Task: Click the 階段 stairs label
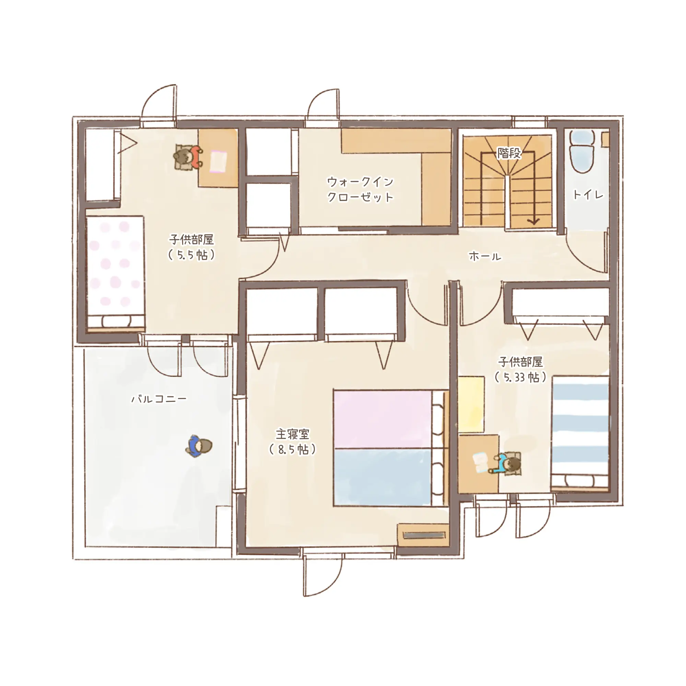click(x=509, y=153)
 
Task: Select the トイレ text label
click(x=588, y=194)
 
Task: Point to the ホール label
click(x=485, y=256)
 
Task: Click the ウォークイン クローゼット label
click(x=360, y=189)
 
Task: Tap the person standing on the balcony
click(x=199, y=446)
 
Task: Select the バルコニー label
click(x=159, y=399)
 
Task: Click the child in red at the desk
click(x=188, y=157)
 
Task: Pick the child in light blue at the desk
click(x=506, y=463)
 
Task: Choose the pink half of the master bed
click(x=383, y=419)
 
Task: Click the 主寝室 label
click(x=293, y=434)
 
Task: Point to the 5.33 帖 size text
click(x=521, y=377)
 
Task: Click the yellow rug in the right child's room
click(x=471, y=405)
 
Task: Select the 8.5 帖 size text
click(x=293, y=450)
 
